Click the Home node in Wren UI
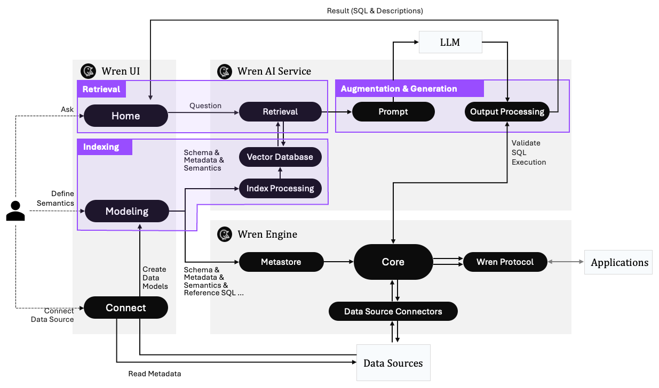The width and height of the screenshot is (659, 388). (x=126, y=116)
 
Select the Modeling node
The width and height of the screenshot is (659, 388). (x=126, y=211)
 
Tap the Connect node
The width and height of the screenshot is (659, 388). (x=126, y=308)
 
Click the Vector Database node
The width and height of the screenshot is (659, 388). (x=280, y=157)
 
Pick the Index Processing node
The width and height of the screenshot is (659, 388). (x=280, y=188)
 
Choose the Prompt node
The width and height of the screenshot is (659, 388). (x=393, y=111)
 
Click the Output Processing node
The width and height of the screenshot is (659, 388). (x=507, y=111)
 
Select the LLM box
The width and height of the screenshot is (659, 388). (x=450, y=42)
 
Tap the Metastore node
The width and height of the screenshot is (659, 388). (x=281, y=262)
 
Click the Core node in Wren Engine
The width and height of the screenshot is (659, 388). (x=393, y=262)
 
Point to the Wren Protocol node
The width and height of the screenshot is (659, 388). (x=505, y=262)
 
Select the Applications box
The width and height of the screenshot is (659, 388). (x=619, y=262)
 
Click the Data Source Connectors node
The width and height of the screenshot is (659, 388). (x=393, y=311)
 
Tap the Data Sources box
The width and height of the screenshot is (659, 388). (x=393, y=363)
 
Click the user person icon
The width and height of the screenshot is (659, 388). (x=15, y=211)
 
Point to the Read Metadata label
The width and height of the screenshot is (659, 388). (x=155, y=374)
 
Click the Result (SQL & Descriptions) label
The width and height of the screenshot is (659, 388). (x=375, y=11)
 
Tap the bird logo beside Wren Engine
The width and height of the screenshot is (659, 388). (x=225, y=235)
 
